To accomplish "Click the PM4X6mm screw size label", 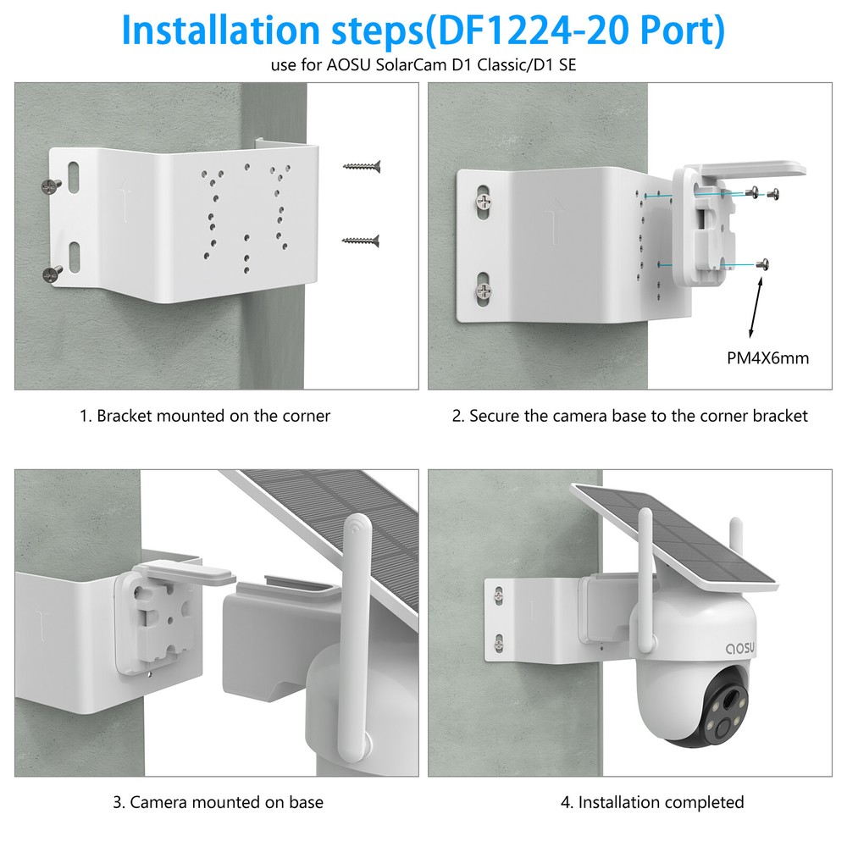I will pos(768,358).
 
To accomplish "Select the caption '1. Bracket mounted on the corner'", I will pos(205,416).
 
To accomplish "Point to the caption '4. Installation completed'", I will pos(652,802).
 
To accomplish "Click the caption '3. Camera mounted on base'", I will pos(218,802).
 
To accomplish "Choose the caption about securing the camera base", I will pos(629,416).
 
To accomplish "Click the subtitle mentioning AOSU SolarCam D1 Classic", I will pos(423,66).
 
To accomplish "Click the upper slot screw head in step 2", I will pos(483,202).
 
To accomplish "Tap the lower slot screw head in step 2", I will pos(483,291).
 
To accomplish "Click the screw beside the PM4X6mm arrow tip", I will pos(766,264).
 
